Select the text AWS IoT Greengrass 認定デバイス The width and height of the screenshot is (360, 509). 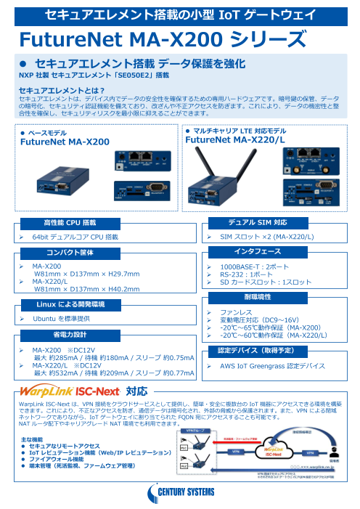coord(271,367)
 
